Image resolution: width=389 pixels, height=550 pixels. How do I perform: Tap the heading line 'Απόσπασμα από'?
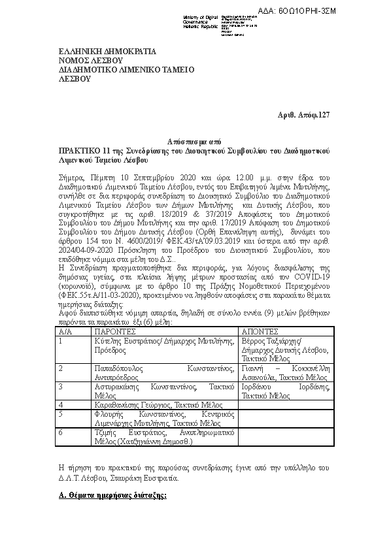point(194,140)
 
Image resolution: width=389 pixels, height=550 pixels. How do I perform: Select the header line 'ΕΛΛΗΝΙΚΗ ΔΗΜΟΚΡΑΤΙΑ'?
point(103,51)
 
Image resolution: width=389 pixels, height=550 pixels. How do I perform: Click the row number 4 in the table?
point(60,405)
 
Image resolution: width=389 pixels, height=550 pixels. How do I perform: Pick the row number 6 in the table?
point(60,432)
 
